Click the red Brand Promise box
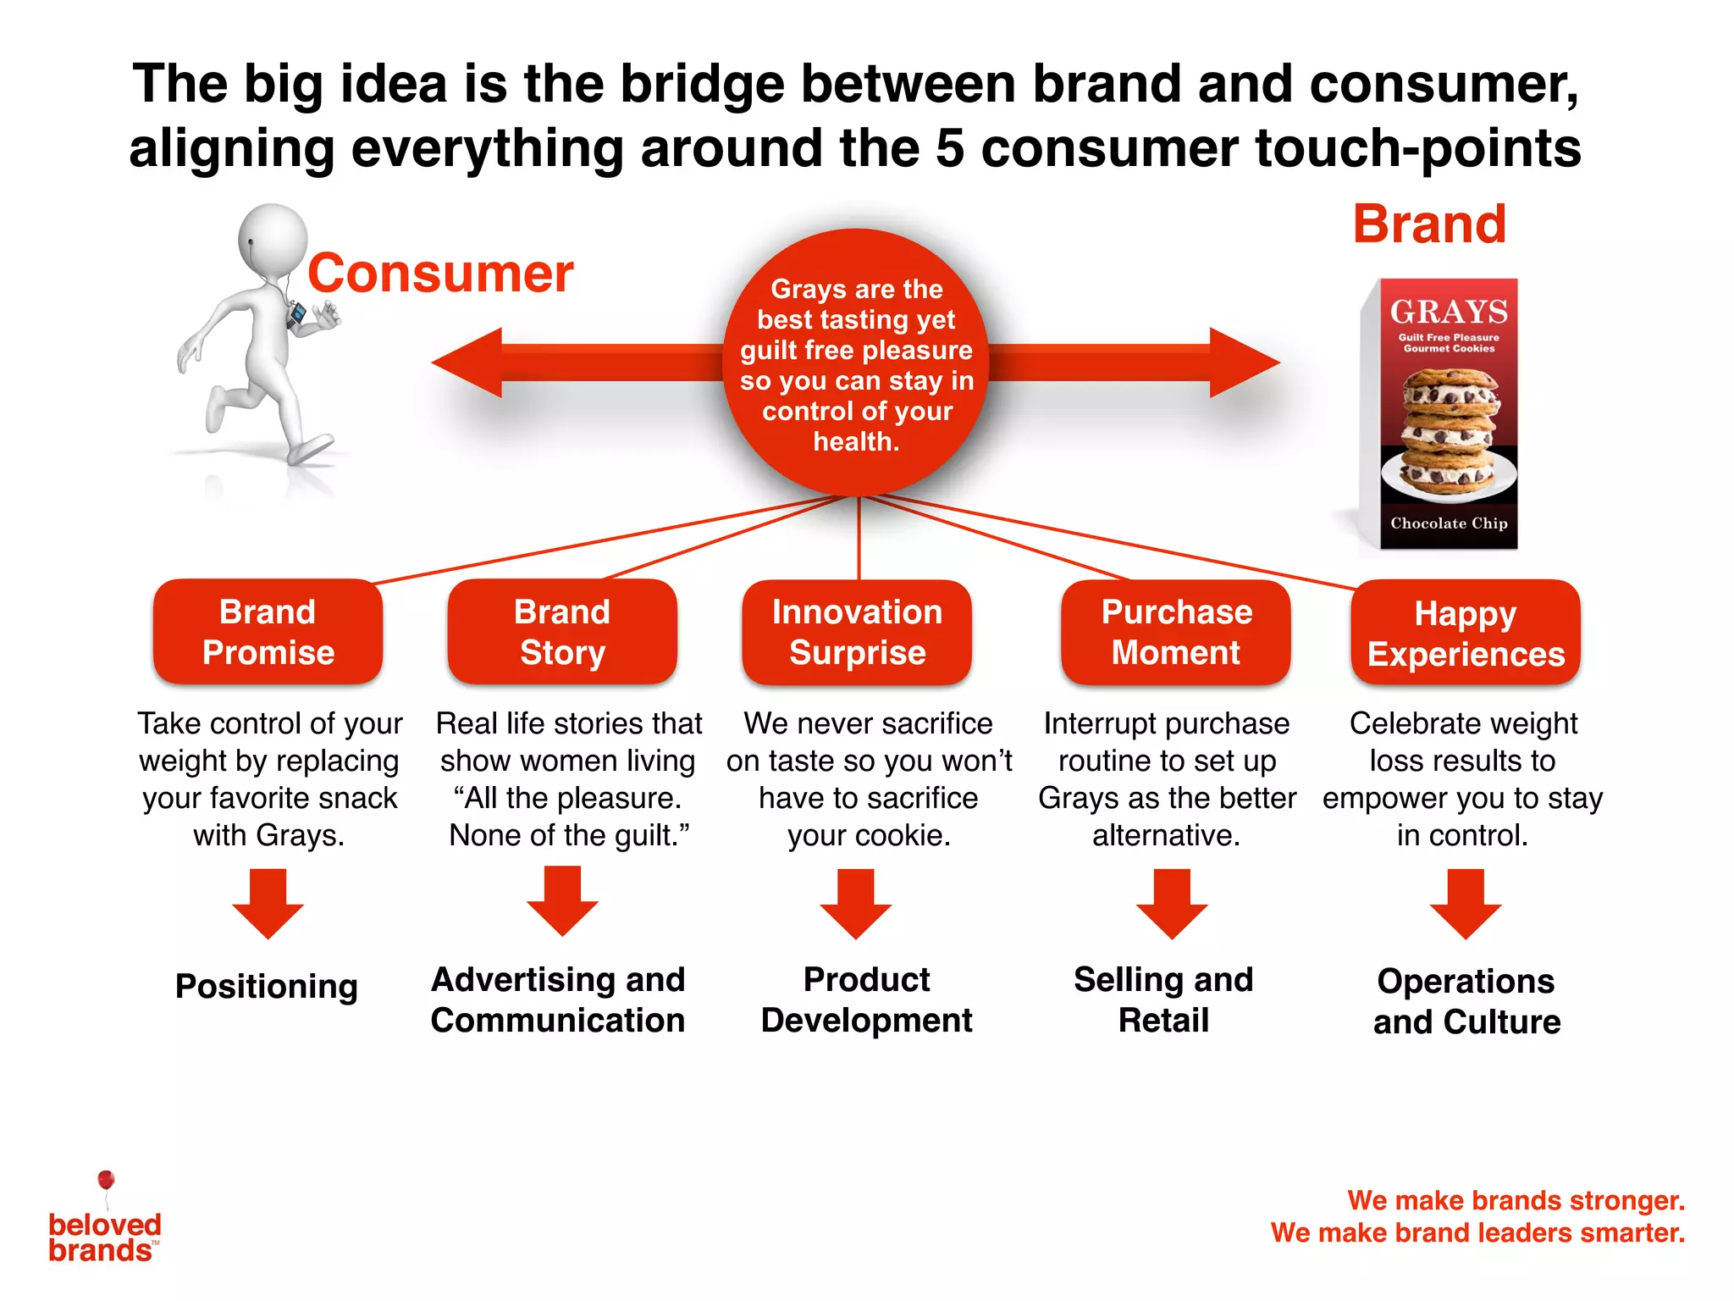click(x=268, y=632)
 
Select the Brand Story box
click(x=562, y=632)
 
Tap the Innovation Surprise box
click(x=857, y=632)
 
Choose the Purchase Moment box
click(x=1176, y=632)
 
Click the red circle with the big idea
click(x=857, y=364)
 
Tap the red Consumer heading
click(x=440, y=274)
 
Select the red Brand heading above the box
click(x=1429, y=224)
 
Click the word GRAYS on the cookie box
click(x=1449, y=312)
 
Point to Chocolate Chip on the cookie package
click(x=1449, y=523)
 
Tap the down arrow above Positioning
click(x=268, y=905)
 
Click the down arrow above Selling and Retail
click(x=1172, y=905)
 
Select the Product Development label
click(x=866, y=999)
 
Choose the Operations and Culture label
click(x=1466, y=1001)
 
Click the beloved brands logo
click(x=104, y=1228)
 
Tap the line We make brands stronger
click(x=1516, y=1200)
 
